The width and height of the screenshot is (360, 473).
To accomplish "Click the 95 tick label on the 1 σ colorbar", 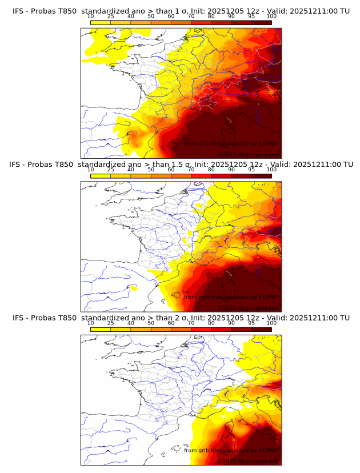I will pyautogui.click(x=251, y=17).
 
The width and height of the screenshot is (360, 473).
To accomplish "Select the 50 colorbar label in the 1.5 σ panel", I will pyautogui.click(x=151, y=170).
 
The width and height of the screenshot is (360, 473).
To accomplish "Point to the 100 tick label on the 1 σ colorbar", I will pyautogui.click(x=271, y=17).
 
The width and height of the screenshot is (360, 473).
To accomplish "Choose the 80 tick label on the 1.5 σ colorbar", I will pyautogui.click(x=211, y=170).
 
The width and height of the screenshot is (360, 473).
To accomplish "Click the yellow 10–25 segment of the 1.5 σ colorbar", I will pyautogui.click(x=101, y=176).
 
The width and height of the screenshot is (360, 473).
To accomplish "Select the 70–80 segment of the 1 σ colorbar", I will pyautogui.click(x=201, y=23).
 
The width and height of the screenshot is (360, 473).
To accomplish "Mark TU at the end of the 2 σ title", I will pyautogui.click(x=345, y=318).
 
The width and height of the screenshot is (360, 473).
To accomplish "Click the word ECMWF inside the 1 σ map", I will pyautogui.click(x=269, y=144).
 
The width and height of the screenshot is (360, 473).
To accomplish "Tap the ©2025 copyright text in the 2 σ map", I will pyautogui.click(x=227, y=461).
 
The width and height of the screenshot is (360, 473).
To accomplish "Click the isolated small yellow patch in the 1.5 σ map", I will pyautogui.click(x=133, y=288).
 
